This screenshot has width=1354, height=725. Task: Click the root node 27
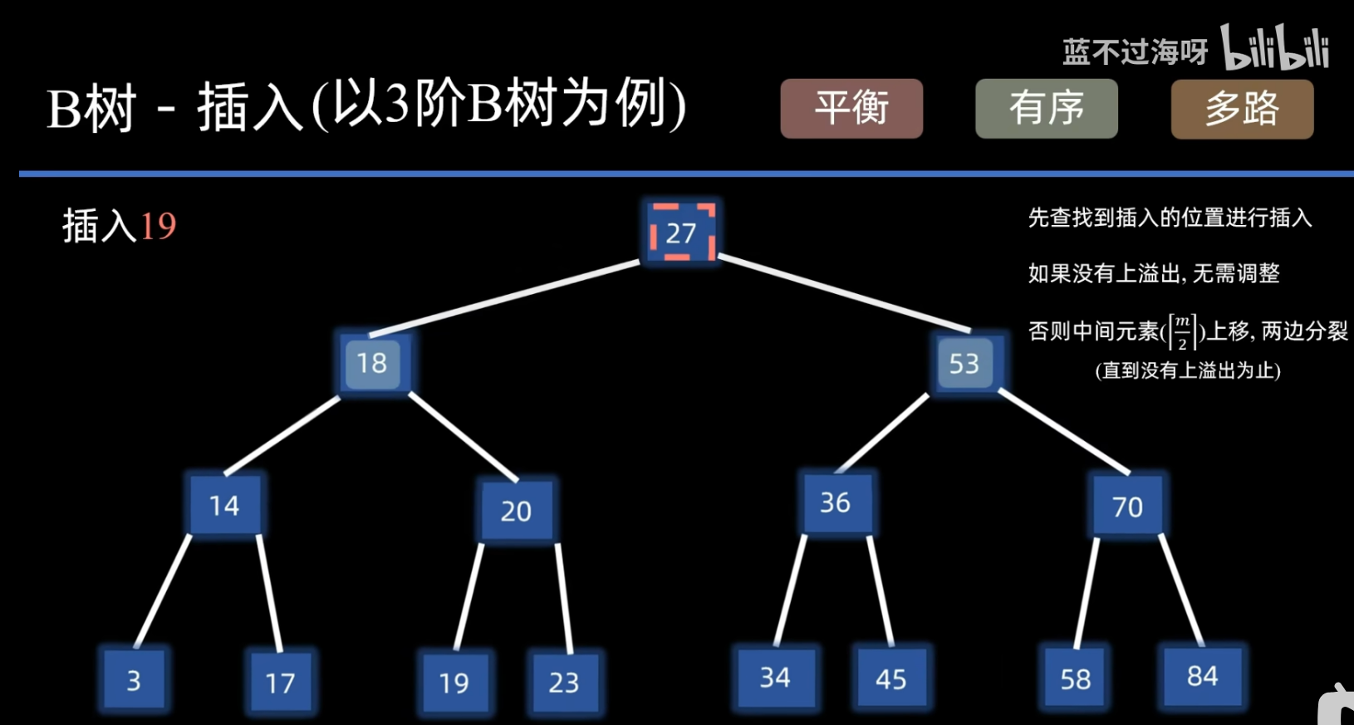point(681,233)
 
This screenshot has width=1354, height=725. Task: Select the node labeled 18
point(372,363)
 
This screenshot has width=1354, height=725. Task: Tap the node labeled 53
point(964,363)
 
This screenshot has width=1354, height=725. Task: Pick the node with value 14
point(224,505)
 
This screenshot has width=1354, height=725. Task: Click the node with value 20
point(516,511)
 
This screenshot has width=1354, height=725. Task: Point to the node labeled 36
point(836,502)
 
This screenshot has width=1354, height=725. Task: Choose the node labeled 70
point(1127,506)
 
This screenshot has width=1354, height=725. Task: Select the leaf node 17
point(280,683)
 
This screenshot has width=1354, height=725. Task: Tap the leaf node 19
point(454,683)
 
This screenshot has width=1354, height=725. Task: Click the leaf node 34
point(775,678)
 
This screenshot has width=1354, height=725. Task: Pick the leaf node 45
point(891,679)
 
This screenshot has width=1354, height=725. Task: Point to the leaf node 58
point(1076,679)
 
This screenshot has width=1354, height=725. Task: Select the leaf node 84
point(1202,676)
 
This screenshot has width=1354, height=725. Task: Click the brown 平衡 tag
point(851,108)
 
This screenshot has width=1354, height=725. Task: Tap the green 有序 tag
point(1046,108)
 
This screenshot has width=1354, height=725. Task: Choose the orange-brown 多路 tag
point(1242,109)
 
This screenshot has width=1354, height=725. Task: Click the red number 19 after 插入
point(158,226)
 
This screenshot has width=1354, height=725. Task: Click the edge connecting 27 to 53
point(843,294)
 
